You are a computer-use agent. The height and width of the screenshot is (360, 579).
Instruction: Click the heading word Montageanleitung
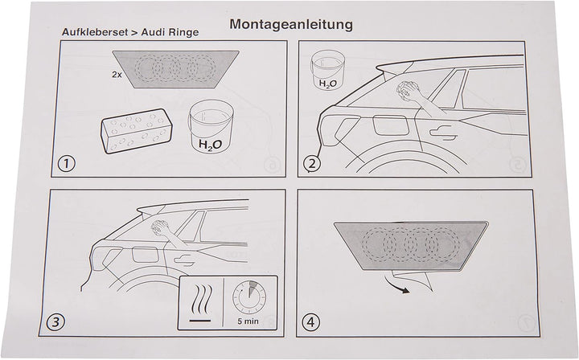tap(291, 25)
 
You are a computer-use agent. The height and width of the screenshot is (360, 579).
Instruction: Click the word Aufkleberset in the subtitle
tap(94, 32)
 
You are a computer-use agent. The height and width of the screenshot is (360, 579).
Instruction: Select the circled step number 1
tap(67, 163)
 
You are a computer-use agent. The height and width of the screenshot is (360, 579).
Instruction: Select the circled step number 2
tap(312, 163)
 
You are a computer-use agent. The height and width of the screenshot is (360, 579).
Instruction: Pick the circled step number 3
tap(55, 322)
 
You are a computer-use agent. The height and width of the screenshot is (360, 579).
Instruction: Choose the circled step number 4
tap(311, 322)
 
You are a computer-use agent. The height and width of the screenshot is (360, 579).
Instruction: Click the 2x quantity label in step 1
tap(117, 74)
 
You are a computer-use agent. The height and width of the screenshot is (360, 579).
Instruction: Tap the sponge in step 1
tap(137, 130)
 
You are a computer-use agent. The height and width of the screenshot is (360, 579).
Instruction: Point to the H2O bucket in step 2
tap(328, 69)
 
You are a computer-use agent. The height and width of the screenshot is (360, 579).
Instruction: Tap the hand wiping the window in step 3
tap(161, 227)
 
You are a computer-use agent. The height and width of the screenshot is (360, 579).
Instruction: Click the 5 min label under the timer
tap(248, 321)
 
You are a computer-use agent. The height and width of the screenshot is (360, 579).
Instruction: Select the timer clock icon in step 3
tap(249, 297)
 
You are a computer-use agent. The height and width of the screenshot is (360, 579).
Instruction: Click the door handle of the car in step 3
tap(185, 260)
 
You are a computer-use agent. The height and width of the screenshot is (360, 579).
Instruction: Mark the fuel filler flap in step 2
tap(389, 125)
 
